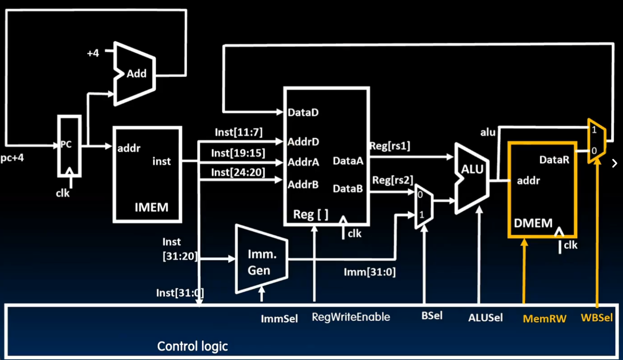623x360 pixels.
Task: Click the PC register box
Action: coord(70,146)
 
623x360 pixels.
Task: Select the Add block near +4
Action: coord(136,73)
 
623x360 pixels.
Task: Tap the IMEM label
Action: coord(151,207)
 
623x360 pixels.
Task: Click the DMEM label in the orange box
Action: coord(533,223)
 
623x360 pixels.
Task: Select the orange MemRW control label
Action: coord(544,319)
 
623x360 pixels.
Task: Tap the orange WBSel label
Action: coord(596,318)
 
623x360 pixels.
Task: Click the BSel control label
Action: coord(432,316)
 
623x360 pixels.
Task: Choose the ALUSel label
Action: coord(485,318)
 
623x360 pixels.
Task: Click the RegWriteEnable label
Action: coord(351,317)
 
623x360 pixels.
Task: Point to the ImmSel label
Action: coord(279,319)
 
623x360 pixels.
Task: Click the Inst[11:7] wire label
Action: coord(238,132)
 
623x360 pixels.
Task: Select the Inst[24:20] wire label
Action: coord(238,172)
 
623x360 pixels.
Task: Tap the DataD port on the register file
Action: coord(303,113)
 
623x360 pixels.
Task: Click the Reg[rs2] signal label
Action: coord(392,180)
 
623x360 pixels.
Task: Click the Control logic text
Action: coord(192,347)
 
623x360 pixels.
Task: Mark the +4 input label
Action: coord(93,53)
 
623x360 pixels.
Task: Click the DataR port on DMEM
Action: coord(554,160)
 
